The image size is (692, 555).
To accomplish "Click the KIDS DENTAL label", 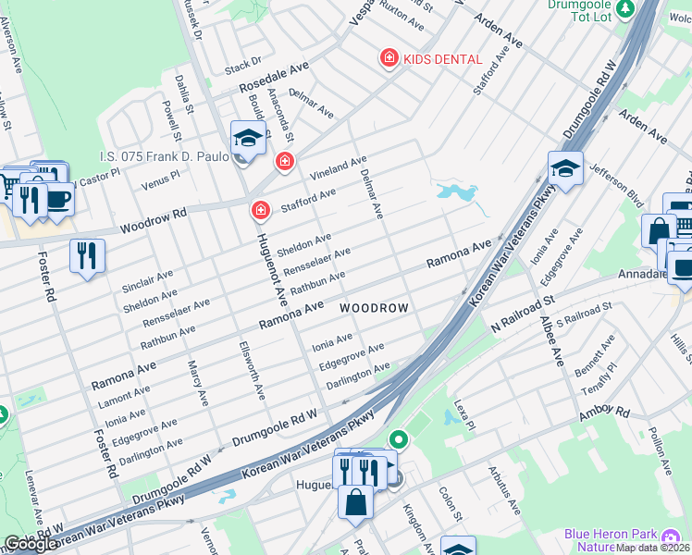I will (x=442, y=59).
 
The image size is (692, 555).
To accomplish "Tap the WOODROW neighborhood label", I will (x=373, y=307).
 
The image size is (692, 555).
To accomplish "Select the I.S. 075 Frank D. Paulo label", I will (x=164, y=157).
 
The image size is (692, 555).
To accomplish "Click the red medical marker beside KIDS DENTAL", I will (x=389, y=59).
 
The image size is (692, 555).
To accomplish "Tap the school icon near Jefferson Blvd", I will (x=564, y=169).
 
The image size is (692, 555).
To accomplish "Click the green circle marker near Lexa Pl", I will (x=399, y=439).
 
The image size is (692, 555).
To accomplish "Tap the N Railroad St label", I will (x=522, y=314).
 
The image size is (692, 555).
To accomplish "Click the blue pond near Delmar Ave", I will (x=454, y=193).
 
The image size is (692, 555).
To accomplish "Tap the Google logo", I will (x=31, y=544).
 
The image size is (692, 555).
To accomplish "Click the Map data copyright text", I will (x=652, y=548).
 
